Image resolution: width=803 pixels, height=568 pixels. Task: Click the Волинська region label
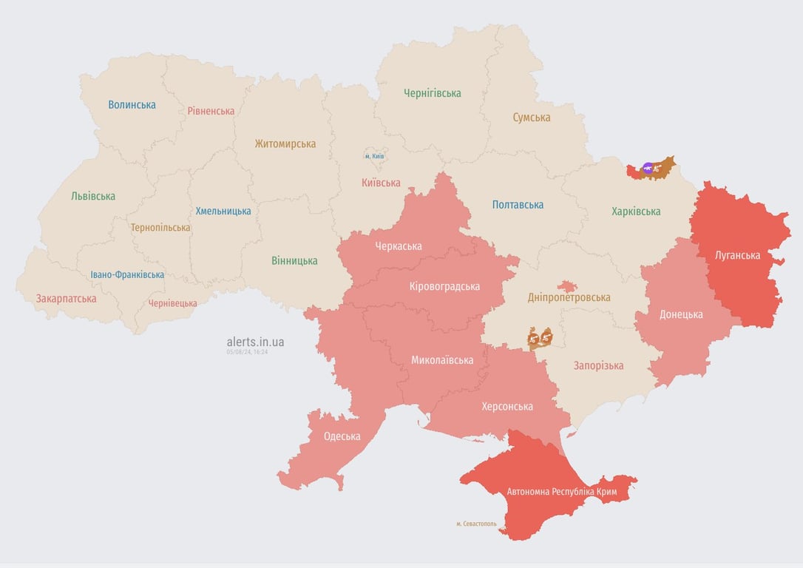tap(132, 105)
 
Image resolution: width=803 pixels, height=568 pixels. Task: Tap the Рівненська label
tap(211, 111)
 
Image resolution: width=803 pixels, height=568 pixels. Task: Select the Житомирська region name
tap(285, 144)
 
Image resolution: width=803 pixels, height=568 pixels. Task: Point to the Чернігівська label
tap(432, 93)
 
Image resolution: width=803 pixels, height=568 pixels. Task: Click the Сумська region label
tap(531, 118)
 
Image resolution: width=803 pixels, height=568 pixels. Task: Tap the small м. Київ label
tap(374, 156)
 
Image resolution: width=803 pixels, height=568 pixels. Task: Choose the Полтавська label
tap(518, 205)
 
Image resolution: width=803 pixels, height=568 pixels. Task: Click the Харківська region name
tap(636, 212)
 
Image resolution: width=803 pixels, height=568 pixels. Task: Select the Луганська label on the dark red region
tap(737, 256)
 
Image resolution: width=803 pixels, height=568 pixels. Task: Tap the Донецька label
tap(681, 314)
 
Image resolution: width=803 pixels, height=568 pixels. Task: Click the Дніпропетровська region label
tap(569, 297)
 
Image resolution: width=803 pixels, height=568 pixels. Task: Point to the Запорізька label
tap(598, 365)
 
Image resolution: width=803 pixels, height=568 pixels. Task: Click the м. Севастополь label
tap(476, 524)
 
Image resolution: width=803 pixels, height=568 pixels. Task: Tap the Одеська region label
tap(342, 436)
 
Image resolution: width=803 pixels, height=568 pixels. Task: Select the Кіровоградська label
tap(444, 286)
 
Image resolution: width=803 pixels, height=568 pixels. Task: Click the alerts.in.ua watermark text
tap(255, 342)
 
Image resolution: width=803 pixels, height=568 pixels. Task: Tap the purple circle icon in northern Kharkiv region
tap(648, 169)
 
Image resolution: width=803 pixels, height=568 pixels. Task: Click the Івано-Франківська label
tap(127, 274)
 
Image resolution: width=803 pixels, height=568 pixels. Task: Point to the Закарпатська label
tap(66, 299)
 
